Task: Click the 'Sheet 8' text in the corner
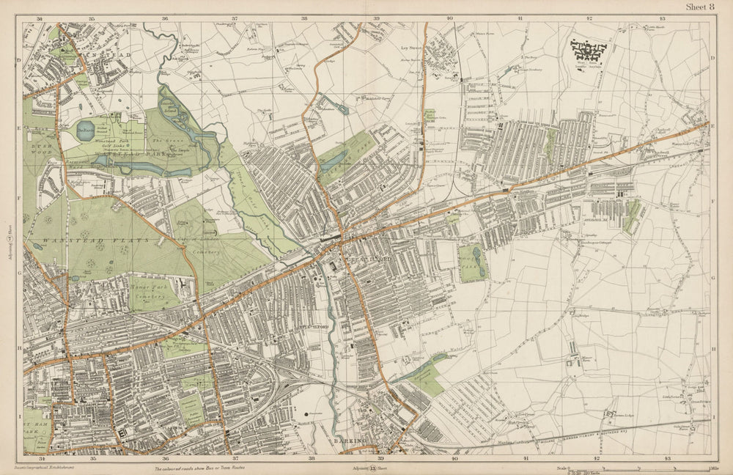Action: (x=699, y=7)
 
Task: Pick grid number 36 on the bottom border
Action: (x=166, y=460)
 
